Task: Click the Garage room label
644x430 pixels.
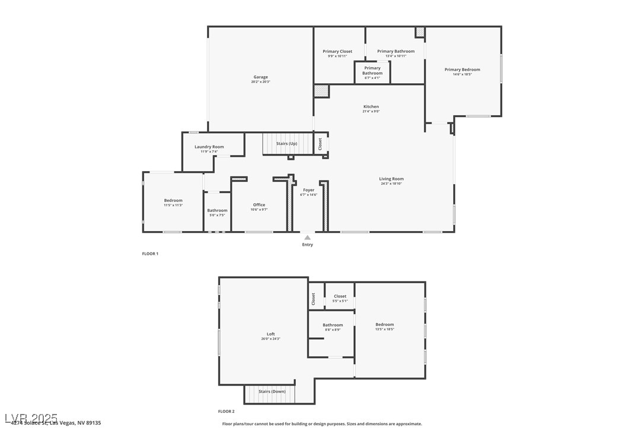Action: (260, 77)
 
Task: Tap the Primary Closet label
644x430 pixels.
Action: (337, 52)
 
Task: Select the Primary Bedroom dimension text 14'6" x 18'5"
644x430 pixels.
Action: (463, 74)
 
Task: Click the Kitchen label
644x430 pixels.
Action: (371, 107)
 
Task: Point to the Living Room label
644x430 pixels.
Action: (391, 179)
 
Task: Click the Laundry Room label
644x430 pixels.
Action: (209, 147)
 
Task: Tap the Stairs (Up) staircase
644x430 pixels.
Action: (287, 144)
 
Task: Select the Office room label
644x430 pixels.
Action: (259, 205)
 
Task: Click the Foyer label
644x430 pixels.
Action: (308, 190)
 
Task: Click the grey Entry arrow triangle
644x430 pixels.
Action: (307, 238)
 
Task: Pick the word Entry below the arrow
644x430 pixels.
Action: (307, 245)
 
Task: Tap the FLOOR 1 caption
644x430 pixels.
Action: (150, 254)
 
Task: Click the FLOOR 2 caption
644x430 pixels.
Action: (226, 411)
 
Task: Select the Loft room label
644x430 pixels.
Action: (270, 334)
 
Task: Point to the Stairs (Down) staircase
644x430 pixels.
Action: (272, 392)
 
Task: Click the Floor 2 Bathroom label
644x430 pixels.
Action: (333, 325)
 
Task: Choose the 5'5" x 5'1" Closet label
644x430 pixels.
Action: (340, 296)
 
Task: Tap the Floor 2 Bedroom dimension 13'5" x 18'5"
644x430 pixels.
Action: (384, 329)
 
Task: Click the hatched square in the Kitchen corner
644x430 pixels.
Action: (321, 91)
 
